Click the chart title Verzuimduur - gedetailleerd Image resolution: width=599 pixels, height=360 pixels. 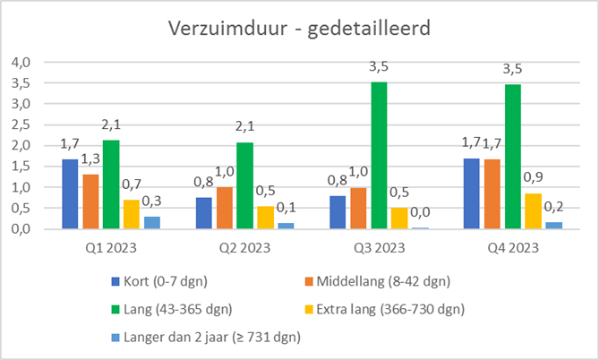[x=299, y=28]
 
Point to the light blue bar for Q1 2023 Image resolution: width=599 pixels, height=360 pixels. [x=151, y=222]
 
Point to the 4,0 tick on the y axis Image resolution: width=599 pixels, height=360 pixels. [x=20, y=62]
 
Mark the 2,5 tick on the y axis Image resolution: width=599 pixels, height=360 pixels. [x=20, y=124]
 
